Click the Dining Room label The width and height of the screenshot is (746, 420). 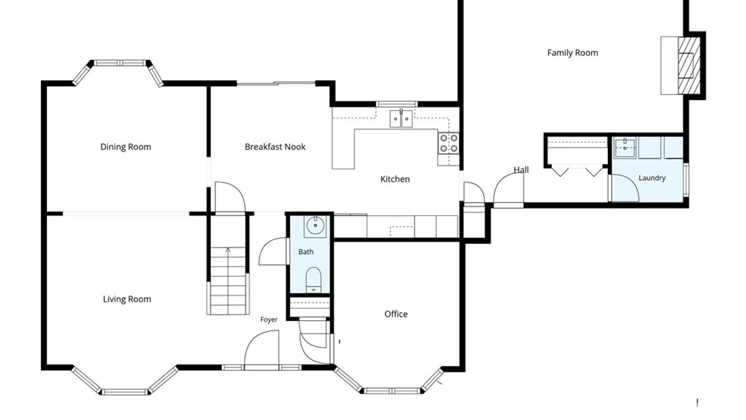[x=125, y=147]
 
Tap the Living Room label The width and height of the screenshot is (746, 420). [x=127, y=299]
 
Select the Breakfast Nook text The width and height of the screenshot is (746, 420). [x=275, y=147]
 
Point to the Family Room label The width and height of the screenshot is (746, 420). [x=572, y=53]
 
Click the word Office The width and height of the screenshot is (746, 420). [x=396, y=314]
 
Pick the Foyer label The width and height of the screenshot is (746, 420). [x=269, y=320]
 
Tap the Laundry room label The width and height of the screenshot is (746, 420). [x=652, y=178]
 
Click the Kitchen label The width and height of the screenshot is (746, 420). [x=395, y=179]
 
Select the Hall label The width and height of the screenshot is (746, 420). [x=521, y=170]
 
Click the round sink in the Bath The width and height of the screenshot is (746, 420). [x=315, y=226]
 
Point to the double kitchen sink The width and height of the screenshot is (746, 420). [x=401, y=119]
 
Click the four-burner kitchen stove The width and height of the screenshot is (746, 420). [x=448, y=143]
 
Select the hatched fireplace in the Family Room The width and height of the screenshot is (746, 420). [x=689, y=65]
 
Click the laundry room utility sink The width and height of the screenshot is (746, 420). [x=625, y=148]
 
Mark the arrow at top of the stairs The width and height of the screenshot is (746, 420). [x=228, y=250]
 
